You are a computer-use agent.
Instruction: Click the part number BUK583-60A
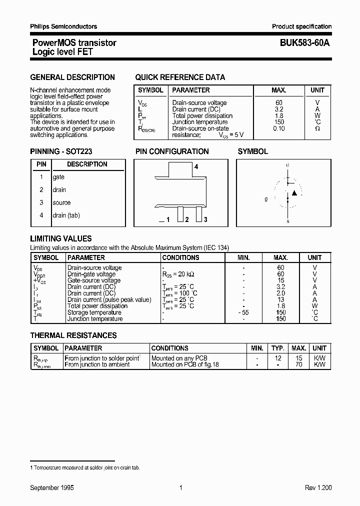pyautogui.click(x=301, y=43)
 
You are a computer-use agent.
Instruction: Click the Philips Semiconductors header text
pyautogui.click(x=63, y=26)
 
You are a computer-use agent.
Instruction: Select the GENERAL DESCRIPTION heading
pyautogui.click(x=72, y=77)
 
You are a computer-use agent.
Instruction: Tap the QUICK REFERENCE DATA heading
pyautogui.click(x=180, y=77)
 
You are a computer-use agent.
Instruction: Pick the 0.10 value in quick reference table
pyautogui.click(x=279, y=128)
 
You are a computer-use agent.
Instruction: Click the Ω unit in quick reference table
pyautogui.click(x=317, y=128)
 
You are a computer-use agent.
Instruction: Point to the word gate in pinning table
pyautogui.click(x=59, y=177)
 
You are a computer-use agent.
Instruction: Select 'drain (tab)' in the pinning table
pyautogui.click(x=66, y=215)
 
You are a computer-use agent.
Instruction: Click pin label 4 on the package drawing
pyautogui.click(x=196, y=167)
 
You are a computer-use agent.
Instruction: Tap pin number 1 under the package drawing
pyautogui.click(x=168, y=220)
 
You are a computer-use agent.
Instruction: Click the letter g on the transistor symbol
pyautogui.click(x=266, y=199)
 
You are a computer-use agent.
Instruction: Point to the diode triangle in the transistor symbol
pyautogui.click(x=294, y=193)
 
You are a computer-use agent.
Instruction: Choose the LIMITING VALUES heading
pyautogui.click(x=61, y=239)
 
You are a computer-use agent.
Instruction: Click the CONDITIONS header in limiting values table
pyautogui.click(x=181, y=258)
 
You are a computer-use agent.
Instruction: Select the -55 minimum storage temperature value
pyautogui.click(x=243, y=312)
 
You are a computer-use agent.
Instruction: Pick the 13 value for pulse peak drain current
pyautogui.click(x=280, y=299)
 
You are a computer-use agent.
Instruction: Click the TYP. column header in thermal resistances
pyautogui.click(x=278, y=348)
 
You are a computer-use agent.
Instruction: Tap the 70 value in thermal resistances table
pyautogui.click(x=299, y=365)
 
